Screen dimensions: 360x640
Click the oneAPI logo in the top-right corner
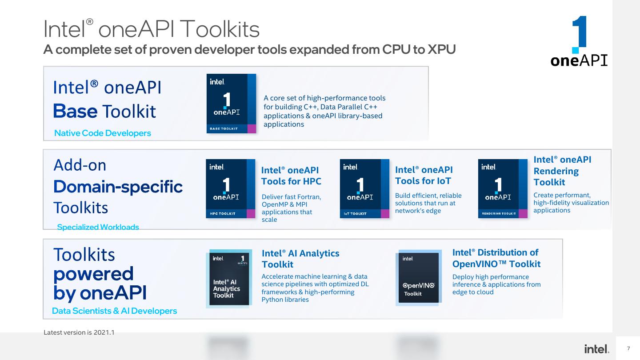tap(579, 42)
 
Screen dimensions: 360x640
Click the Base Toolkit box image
tap(231, 104)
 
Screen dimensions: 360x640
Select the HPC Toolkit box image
tap(230, 188)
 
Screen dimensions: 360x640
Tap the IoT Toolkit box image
tap(364, 188)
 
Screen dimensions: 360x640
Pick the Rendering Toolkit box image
tap(502, 188)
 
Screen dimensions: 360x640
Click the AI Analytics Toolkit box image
tap(229, 279)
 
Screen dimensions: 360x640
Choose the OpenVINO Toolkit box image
tap(418, 278)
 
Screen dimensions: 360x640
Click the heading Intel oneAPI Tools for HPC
tap(291, 176)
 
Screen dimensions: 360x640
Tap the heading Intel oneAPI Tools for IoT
tap(424, 176)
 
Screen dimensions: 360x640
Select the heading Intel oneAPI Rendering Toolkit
tap(562, 171)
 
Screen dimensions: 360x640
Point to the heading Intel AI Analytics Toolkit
tap(300, 259)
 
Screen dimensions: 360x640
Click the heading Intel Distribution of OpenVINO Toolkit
tap(496, 258)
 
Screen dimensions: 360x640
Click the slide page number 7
tap(628, 348)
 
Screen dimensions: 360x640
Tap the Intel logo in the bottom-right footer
tap(597, 349)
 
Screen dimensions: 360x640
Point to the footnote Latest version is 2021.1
tap(79, 332)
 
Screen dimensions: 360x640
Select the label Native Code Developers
tap(102, 133)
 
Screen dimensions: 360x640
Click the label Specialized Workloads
tap(98, 227)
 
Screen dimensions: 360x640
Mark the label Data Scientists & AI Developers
tap(114, 311)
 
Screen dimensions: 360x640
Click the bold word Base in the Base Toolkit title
tap(75, 111)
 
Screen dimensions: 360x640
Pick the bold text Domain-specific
tap(118, 187)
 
